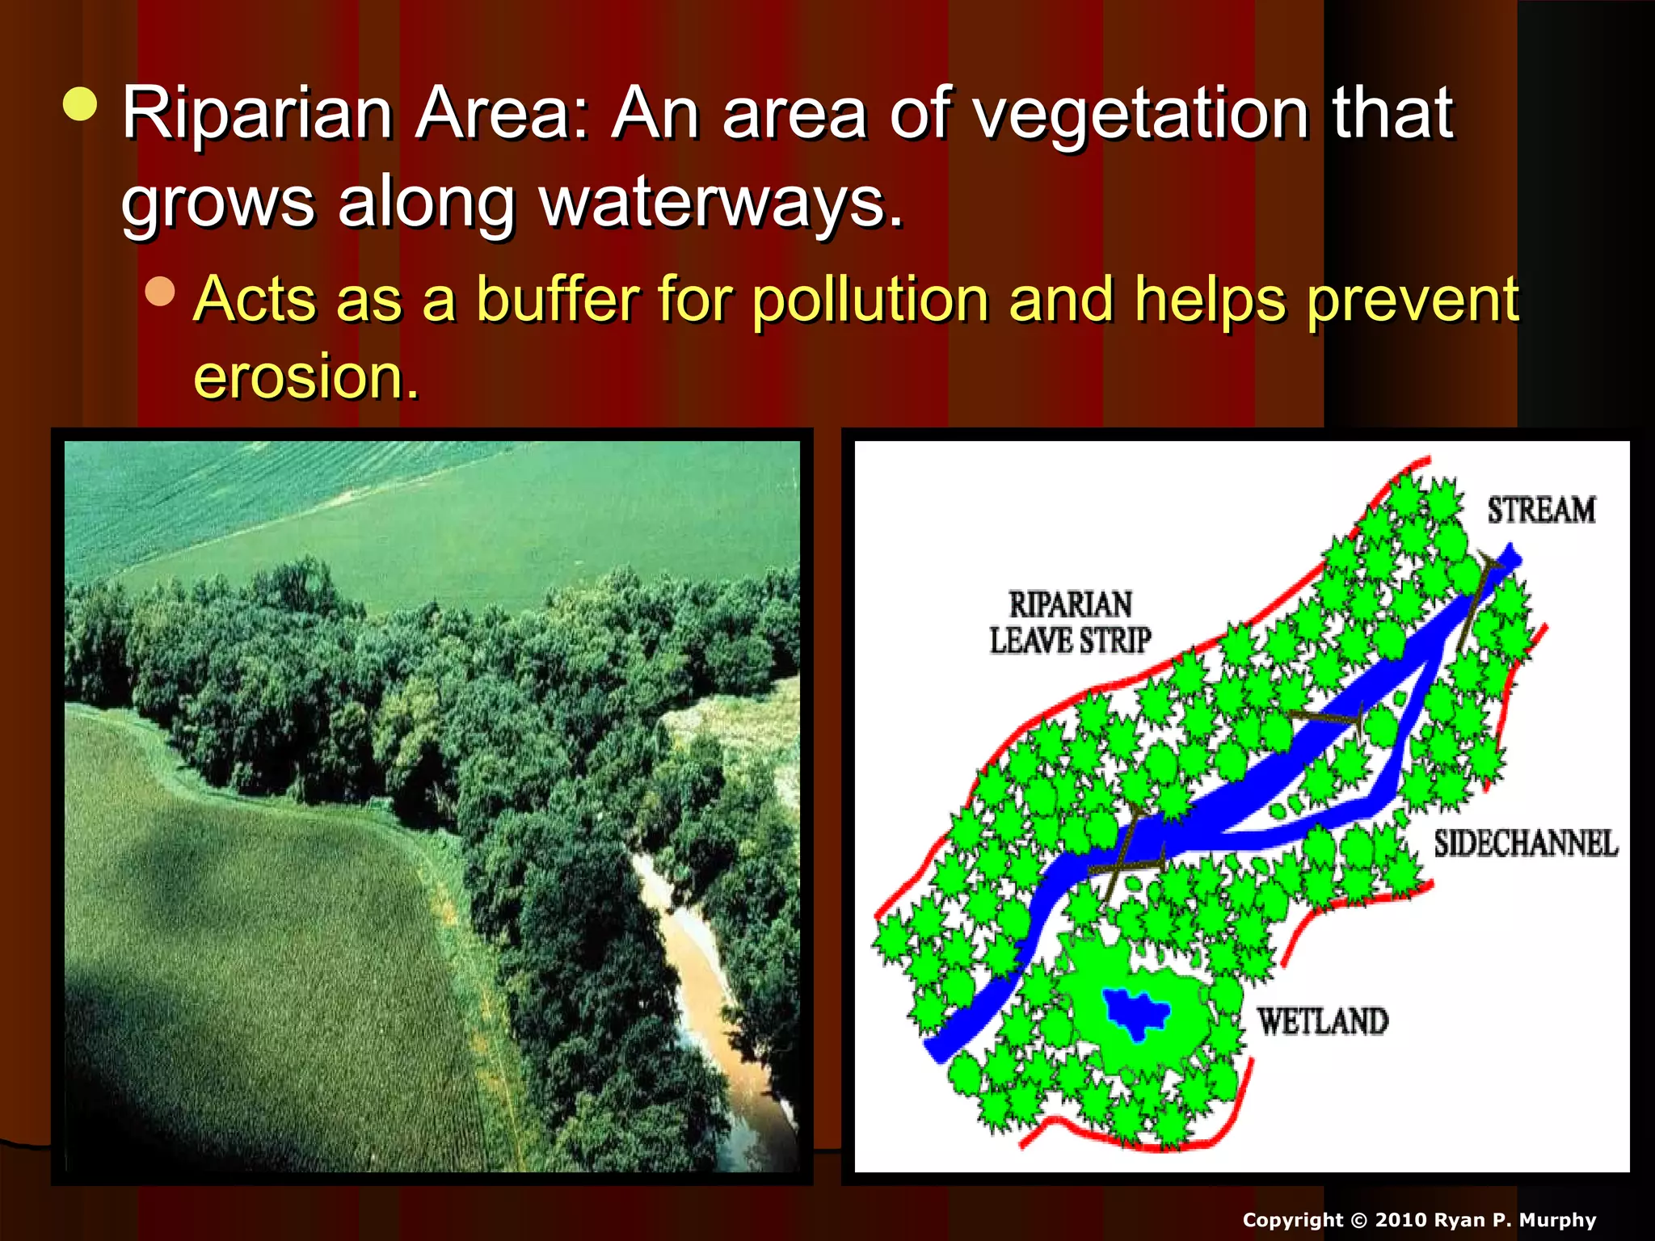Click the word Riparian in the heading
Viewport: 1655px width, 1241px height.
(x=257, y=115)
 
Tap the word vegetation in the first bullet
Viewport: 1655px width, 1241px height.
(x=1140, y=115)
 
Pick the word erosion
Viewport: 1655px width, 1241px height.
(x=305, y=377)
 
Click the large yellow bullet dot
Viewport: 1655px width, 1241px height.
(x=80, y=103)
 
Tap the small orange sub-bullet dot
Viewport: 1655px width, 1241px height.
(x=161, y=292)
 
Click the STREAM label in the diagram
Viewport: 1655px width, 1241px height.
(x=1541, y=511)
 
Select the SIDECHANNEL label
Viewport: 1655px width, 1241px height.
(x=1526, y=843)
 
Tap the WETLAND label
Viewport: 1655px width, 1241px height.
(x=1322, y=1021)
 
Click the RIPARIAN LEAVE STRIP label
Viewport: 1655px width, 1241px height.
(x=1070, y=623)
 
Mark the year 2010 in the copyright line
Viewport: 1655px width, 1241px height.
(x=1400, y=1220)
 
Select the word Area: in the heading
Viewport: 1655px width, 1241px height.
(x=501, y=115)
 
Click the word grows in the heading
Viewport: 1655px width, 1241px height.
(x=217, y=204)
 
